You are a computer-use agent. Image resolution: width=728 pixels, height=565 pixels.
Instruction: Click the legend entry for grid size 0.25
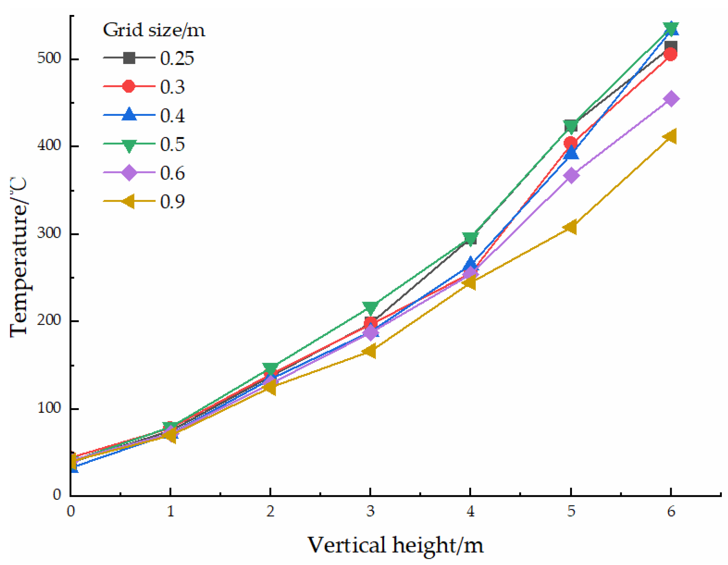coord(149,58)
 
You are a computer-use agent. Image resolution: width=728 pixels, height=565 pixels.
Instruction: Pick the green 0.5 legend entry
coord(144,144)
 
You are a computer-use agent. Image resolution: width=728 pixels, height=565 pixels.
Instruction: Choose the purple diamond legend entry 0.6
coord(144,173)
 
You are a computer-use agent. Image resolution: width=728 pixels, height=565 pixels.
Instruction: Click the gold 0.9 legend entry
coord(144,201)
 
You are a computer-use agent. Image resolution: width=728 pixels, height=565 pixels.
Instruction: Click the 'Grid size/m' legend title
coord(154,30)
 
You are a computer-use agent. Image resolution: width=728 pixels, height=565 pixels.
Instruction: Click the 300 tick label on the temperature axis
coord(49,233)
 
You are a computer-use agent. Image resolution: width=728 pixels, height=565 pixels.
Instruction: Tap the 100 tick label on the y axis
coord(49,408)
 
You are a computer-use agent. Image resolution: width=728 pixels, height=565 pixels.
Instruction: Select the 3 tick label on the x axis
coord(370,511)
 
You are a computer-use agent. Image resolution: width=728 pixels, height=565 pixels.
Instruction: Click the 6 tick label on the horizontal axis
coord(671,511)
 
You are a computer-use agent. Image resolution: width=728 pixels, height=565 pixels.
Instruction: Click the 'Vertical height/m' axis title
coord(395,545)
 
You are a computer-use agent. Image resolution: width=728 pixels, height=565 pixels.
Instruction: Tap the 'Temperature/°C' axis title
coord(19,257)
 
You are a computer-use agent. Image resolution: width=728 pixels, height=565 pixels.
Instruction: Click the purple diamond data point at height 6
coord(671,99)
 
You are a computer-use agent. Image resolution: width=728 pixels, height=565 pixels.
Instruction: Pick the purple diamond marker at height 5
coord(571,175)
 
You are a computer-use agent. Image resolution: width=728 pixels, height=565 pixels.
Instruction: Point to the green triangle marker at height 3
coord(370,307)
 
